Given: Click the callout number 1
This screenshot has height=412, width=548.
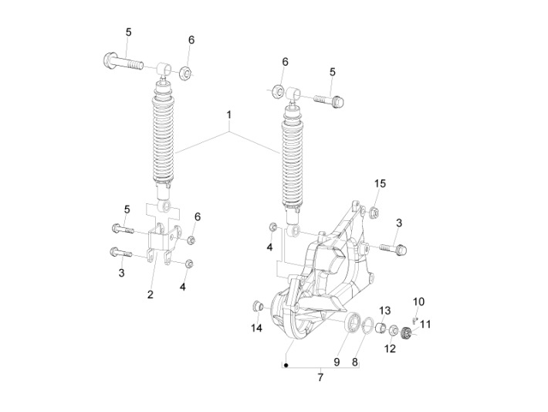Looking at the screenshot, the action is (229, 115).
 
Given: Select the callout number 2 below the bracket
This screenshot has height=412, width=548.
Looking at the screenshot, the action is (151, 295).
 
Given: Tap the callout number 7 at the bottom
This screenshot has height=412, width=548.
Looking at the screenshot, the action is (320, 377).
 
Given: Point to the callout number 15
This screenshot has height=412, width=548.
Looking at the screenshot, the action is (380, 183).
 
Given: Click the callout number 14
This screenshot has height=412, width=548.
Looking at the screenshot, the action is (256, 328).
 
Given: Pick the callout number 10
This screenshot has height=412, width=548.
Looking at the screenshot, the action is (418, 301).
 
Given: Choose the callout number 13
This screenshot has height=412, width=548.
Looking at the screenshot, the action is (385, 311).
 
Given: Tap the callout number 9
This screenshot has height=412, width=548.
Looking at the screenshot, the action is (337, 362).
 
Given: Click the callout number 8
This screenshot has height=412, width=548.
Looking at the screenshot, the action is (355, 362).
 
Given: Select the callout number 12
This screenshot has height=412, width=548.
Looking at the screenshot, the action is (390, 349).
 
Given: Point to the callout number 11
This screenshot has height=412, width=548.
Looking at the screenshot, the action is (425, 324).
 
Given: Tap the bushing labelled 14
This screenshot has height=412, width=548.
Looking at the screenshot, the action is (259, 307).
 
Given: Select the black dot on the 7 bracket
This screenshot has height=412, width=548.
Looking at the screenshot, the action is (286, 366).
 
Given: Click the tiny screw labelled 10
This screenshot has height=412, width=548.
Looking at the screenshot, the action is (414, 320).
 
